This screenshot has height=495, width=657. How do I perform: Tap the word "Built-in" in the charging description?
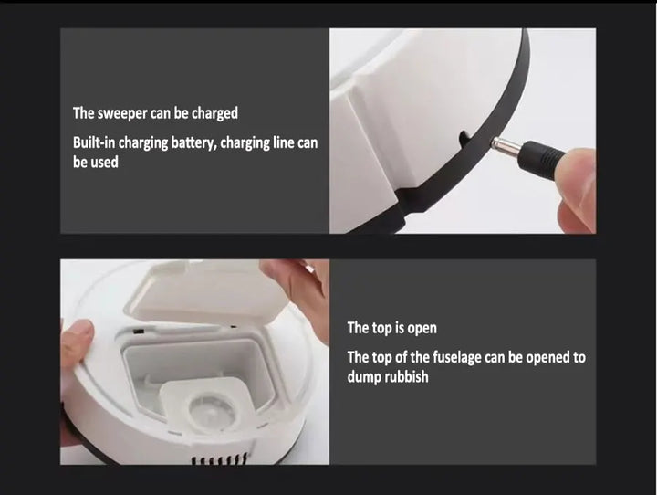(96, 144)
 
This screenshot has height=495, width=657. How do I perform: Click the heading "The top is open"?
(391, 328)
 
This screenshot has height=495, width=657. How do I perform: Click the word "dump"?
(363, 376)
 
